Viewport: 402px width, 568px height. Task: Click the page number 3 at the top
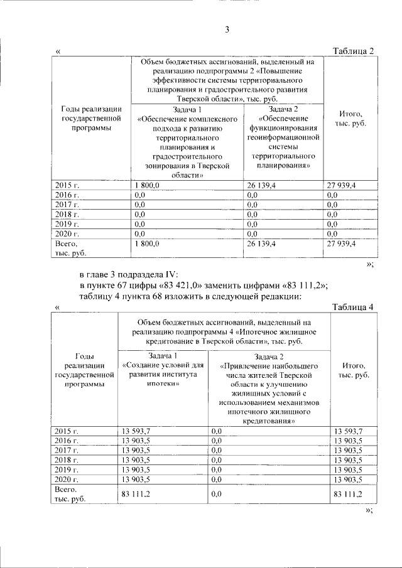pos(228,29)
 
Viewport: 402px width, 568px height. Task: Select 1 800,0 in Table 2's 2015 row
pos(147,185)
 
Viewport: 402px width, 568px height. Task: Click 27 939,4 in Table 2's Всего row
pos(342,243)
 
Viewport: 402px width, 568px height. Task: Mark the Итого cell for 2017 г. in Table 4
pos(349,450)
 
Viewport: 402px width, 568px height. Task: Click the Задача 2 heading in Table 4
pos(268,356)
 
